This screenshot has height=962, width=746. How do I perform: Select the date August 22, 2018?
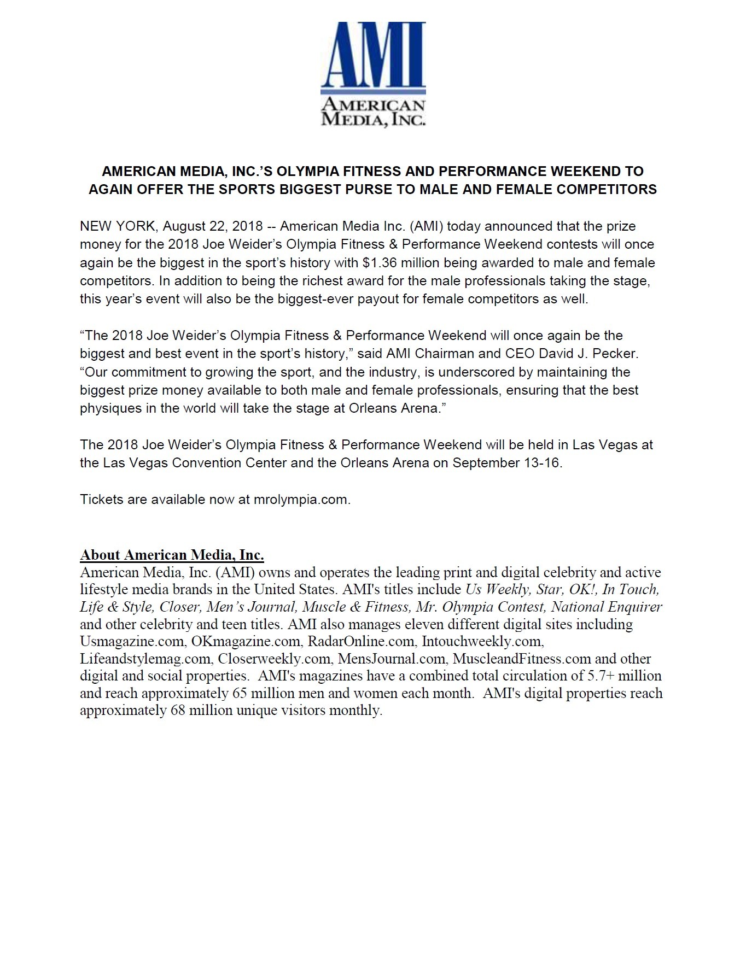pyautogui.click(x=213, y=226)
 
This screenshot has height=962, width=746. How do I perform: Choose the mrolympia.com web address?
pyautogui.click(x=301, y=500)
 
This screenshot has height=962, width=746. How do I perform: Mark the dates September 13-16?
pyautogui.click(x=507, y=463)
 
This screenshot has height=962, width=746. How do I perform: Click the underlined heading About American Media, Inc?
pyautogui.click(x=172, y=555)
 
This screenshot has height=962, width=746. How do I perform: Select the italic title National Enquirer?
pyautogui.click(x=607, y=607)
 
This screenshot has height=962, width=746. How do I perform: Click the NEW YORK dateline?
pyautogui.click(x=117, y=226)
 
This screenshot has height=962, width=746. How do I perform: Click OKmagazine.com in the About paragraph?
pyautogui.click(x=246, y=641)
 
